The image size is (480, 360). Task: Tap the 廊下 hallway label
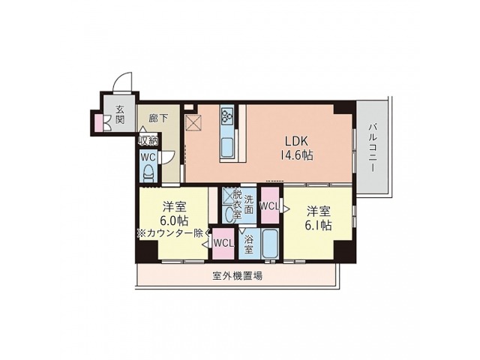click(x=157, y=117)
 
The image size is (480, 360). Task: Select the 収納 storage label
click(x=148, y=140)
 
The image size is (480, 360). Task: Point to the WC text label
click(x=148, y=157)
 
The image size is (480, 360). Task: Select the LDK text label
click(x=295, y=140)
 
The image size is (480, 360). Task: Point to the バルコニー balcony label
click(x=372, y=147)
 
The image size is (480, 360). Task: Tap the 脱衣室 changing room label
click(x=237, y=203)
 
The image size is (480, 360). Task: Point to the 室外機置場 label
click(x=236, y=275)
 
